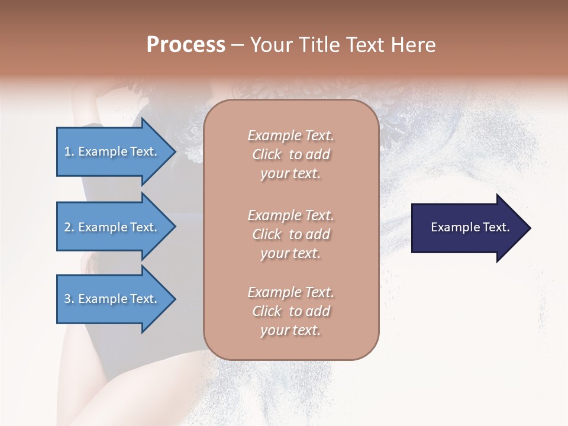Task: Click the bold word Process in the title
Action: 186,45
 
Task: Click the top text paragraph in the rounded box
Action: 291,154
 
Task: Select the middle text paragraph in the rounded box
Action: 291,234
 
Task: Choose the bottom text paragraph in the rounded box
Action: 291,311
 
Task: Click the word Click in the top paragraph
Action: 267,154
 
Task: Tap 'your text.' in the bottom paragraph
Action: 291,330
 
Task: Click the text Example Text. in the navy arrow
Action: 470,227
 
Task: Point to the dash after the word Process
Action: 237,46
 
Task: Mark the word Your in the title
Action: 270,45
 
